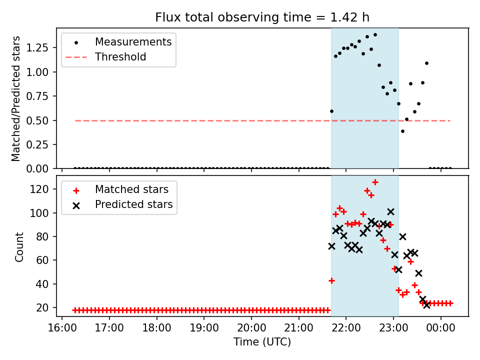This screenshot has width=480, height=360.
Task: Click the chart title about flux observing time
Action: click(262, 17)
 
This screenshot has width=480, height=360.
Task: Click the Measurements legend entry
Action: click(133, 41)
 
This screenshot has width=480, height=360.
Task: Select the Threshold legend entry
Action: click(120, 57)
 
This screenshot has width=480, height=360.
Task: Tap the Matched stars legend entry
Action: click(131, 189)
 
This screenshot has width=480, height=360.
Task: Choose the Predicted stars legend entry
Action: click(133, 204)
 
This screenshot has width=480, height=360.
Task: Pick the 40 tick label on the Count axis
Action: click(47, 284)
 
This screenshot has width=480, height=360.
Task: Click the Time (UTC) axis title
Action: click(262, 342)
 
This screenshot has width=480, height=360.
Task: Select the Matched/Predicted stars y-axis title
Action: click(16, 98)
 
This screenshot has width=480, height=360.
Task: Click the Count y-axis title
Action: click(19, 247)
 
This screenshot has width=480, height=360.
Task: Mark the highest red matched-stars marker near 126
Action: click(375, 182)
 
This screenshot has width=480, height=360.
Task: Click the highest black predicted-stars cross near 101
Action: click(390, 212)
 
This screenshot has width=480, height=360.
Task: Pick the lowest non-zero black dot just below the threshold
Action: click(402, 131)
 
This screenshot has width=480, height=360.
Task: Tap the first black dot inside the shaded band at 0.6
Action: click(331, 111)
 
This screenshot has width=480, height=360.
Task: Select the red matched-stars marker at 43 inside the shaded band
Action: click(331, 280)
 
